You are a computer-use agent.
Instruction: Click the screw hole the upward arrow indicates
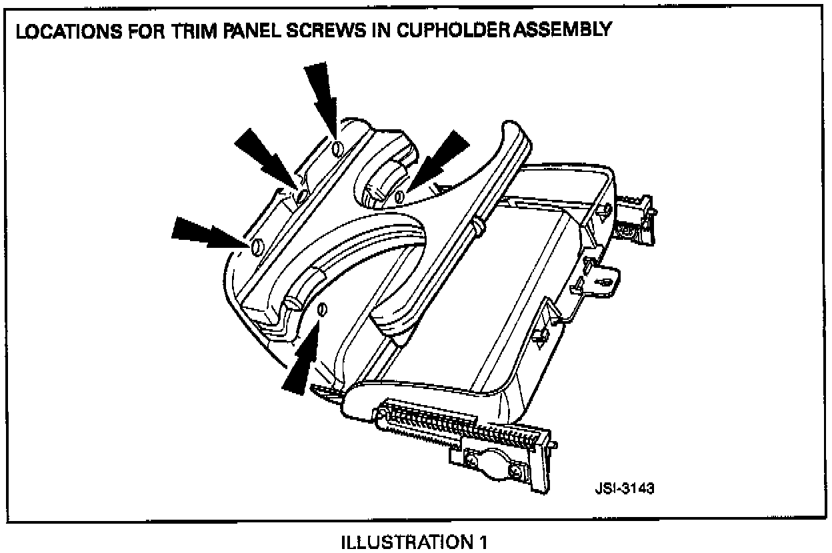(322, 309)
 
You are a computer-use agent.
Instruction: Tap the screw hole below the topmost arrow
(337, 148)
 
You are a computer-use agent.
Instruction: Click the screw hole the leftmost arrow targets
(255, 248)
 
